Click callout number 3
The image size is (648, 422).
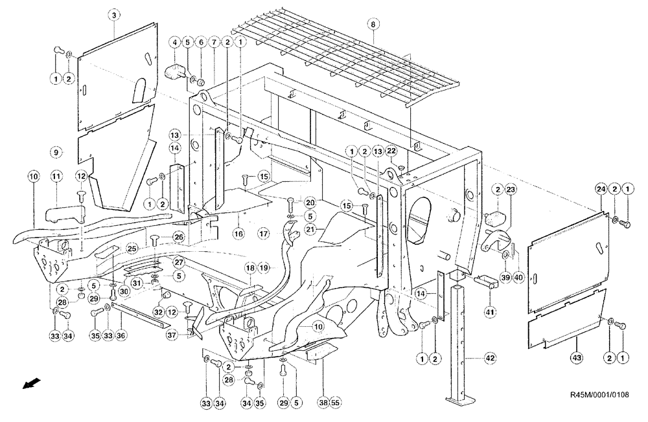[113, 15]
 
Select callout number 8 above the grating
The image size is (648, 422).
[372, 24]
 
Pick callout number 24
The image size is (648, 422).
[601, 188]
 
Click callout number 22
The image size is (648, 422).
[391, 151]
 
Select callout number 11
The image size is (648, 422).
[56, 176]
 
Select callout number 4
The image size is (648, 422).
[174, 42]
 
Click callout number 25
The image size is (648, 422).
[132, 249]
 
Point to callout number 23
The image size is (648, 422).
[510, 189]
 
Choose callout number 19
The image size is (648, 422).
[265, 267]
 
